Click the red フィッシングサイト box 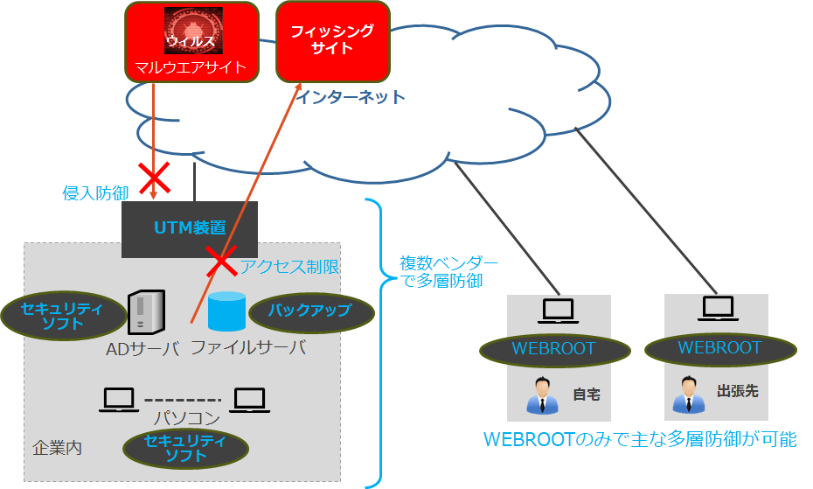click(331, 40)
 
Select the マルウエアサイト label click(191, 67)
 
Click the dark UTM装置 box click(191, 228)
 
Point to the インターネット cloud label click(350, 97)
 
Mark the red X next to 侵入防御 click(156, 178)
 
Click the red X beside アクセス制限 click(220, 260)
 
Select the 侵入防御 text click(96, 192)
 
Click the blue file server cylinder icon click(226, 312)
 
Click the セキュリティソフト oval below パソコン click(185, 448)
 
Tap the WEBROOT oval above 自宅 click(553, 348)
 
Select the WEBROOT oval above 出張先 click(720, 347)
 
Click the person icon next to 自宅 click(542, 395)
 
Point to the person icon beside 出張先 click(688, 395)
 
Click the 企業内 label click(58, 447)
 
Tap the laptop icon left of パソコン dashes click(118, 400)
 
